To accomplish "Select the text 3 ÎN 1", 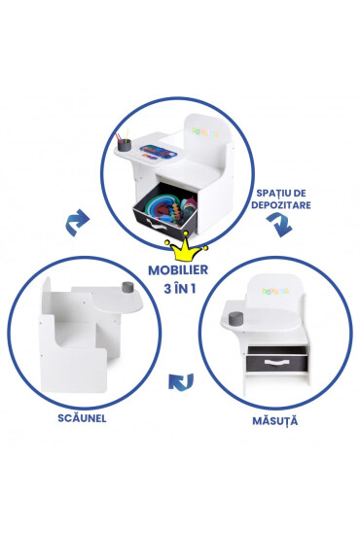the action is pyautogui.click(x=180, y=291).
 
